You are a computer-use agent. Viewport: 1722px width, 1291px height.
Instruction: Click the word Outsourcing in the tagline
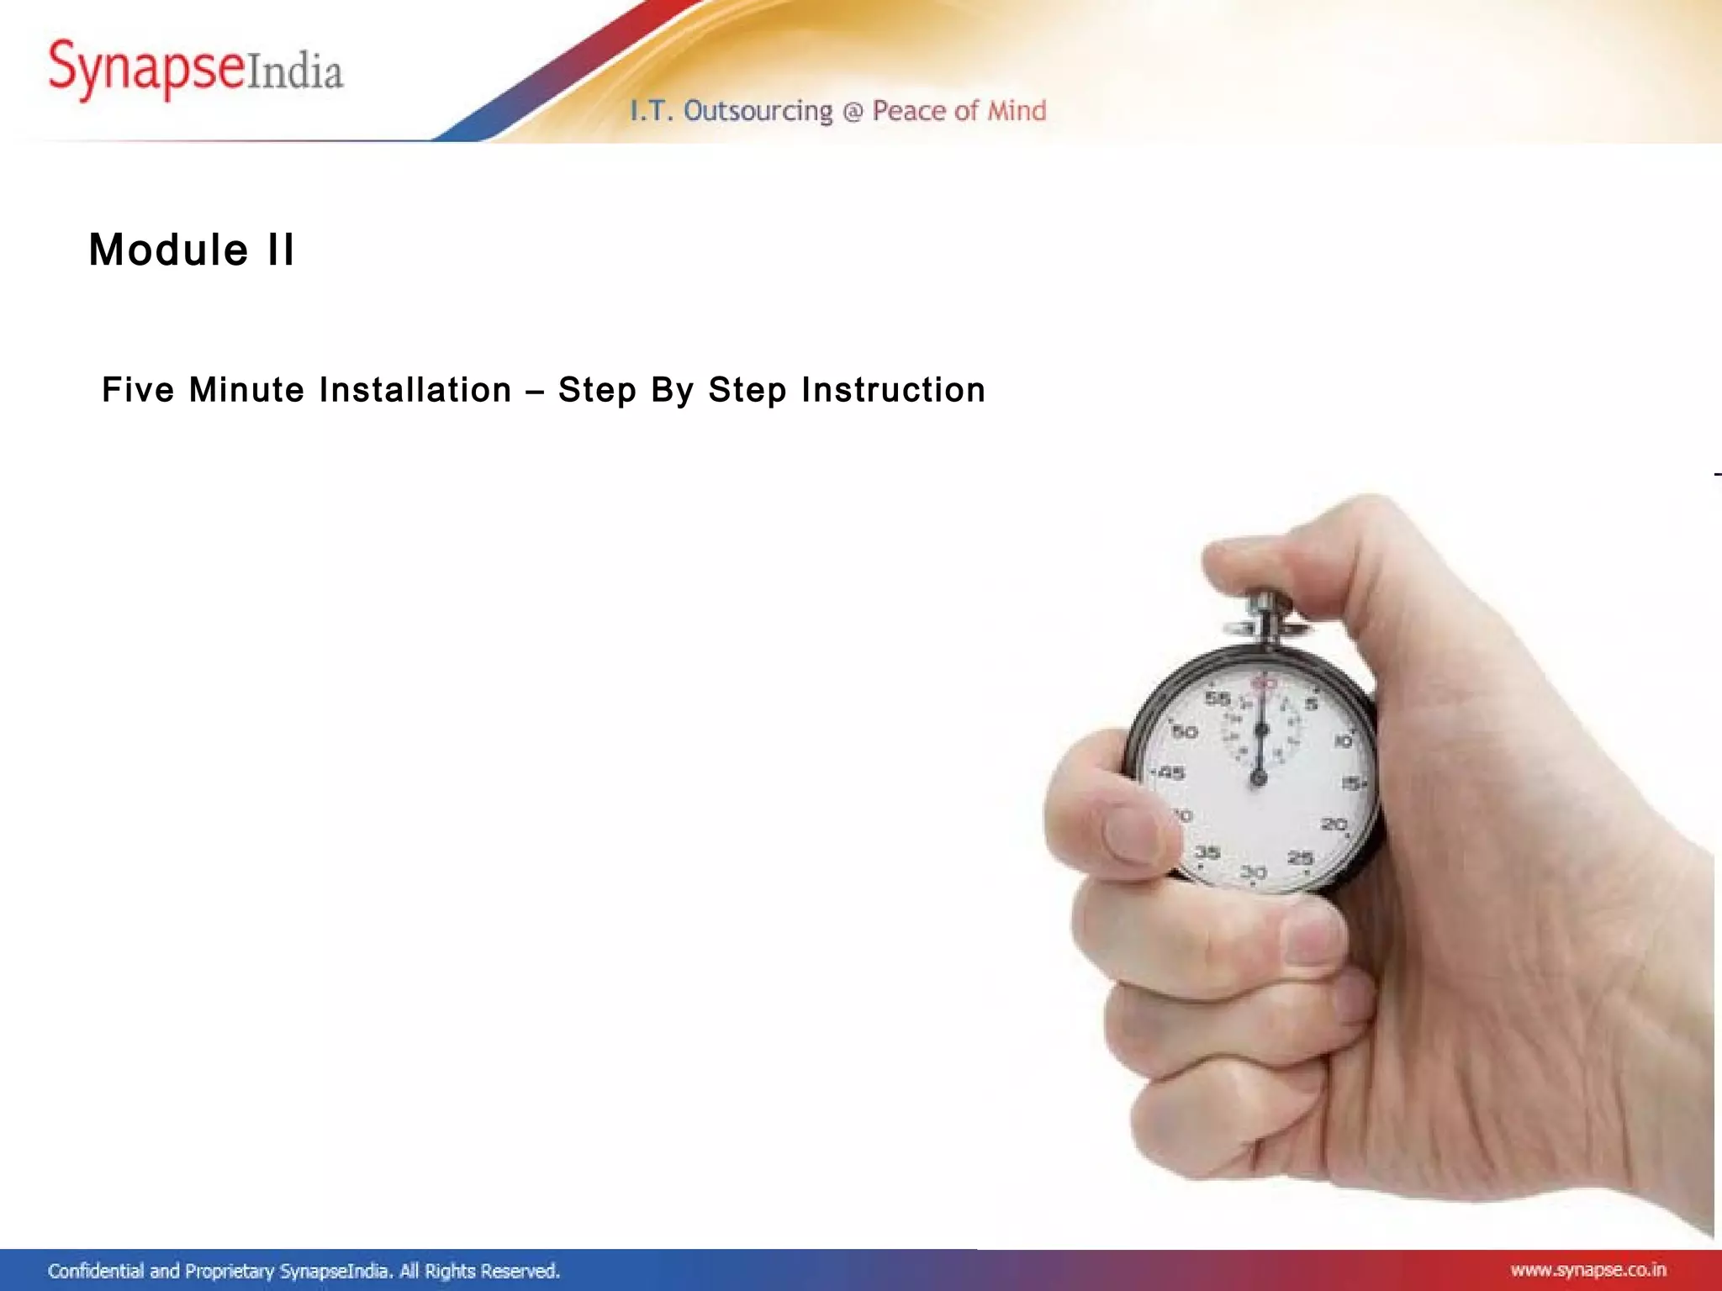[758, 111]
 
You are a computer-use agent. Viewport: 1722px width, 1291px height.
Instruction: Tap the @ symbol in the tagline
[853, 112]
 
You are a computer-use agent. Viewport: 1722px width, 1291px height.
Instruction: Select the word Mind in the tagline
[1017, 110]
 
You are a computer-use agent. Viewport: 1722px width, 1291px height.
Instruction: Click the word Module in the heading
[168, 250]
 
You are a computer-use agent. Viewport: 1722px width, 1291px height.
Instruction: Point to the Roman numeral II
[281, 250]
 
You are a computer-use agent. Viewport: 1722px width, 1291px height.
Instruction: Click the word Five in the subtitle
[138, 390]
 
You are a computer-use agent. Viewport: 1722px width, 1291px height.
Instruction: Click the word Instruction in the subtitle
[893, 390]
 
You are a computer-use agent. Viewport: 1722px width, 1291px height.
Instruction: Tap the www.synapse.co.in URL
[1587, 1269]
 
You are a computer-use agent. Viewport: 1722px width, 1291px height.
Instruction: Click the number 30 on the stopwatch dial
[1253, 872]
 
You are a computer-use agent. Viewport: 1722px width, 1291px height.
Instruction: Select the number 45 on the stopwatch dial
[1172, 772]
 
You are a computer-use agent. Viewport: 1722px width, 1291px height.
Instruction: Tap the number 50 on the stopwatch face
[1185, 731]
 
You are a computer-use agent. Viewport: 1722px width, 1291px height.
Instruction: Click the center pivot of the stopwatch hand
[1259, 778]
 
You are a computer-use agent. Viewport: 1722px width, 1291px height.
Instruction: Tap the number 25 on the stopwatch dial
[1301, 858]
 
